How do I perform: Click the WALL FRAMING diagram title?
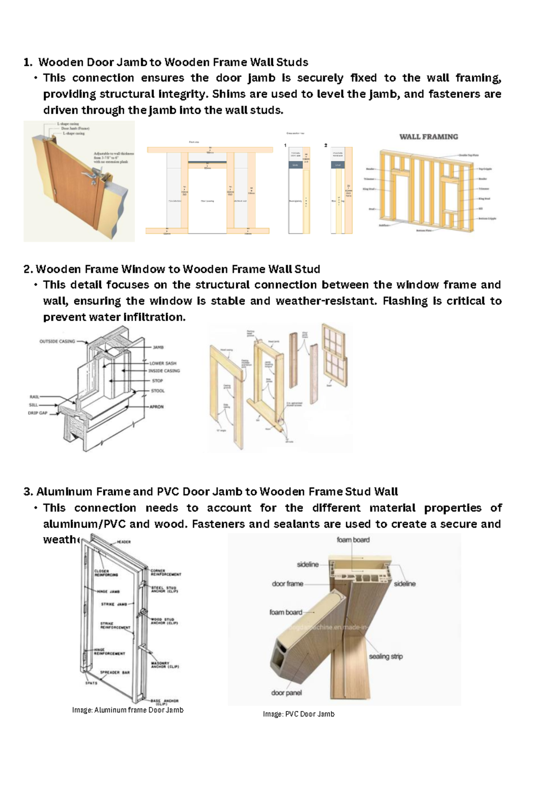pyautogui.click(x=428, y=137)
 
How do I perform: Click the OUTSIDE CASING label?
pyautogui.click(x=57, y=342)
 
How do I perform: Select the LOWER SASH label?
pyautogui.click(x=163, y=363)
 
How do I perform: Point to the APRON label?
pyautogui.click(x=156, y=407)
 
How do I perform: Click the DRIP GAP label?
pyautogui.click(x=38, y=413)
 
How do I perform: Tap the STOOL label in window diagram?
pyautogui.click(x=158, y=391)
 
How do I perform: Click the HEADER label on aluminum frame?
pyautogui.click(x=123, y=542)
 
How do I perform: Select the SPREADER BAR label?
pyautogui.click(x=115, y=672)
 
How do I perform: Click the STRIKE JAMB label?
pyautogui.click(x=114, y=604)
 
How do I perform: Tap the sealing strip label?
pyautogui.click(x=386, y=657)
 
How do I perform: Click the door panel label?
pyautogui.click(x=286, y=693)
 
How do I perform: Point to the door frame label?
pyautogui.click(x=287, y=584)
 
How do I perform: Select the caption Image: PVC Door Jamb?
pyautogui.click(x=298, y=714)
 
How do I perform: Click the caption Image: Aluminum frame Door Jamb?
pyautogui.click(x=128, y=710)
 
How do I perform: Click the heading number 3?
pyautogui.click(x=27, y=492)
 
